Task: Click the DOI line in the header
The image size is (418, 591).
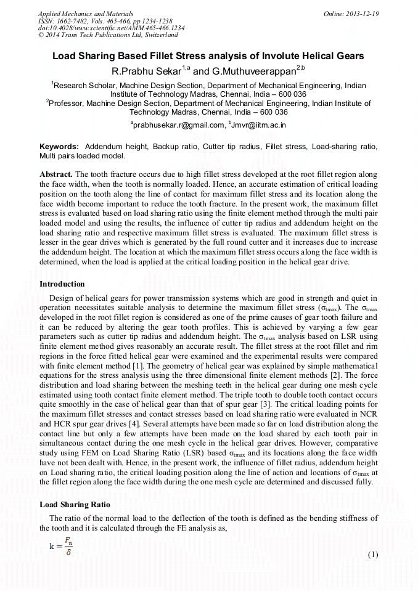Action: point(111,28)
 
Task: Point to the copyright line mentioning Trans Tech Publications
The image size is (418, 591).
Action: point(108,36)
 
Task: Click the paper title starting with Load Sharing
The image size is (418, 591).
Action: point(208,56)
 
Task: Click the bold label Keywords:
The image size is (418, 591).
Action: point(59,147)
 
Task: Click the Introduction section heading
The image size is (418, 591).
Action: point(62,284)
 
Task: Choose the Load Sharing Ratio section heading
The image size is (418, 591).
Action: point(75,505)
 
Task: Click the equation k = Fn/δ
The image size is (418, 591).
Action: point(64,545)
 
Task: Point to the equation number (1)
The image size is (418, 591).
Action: point(372,555)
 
